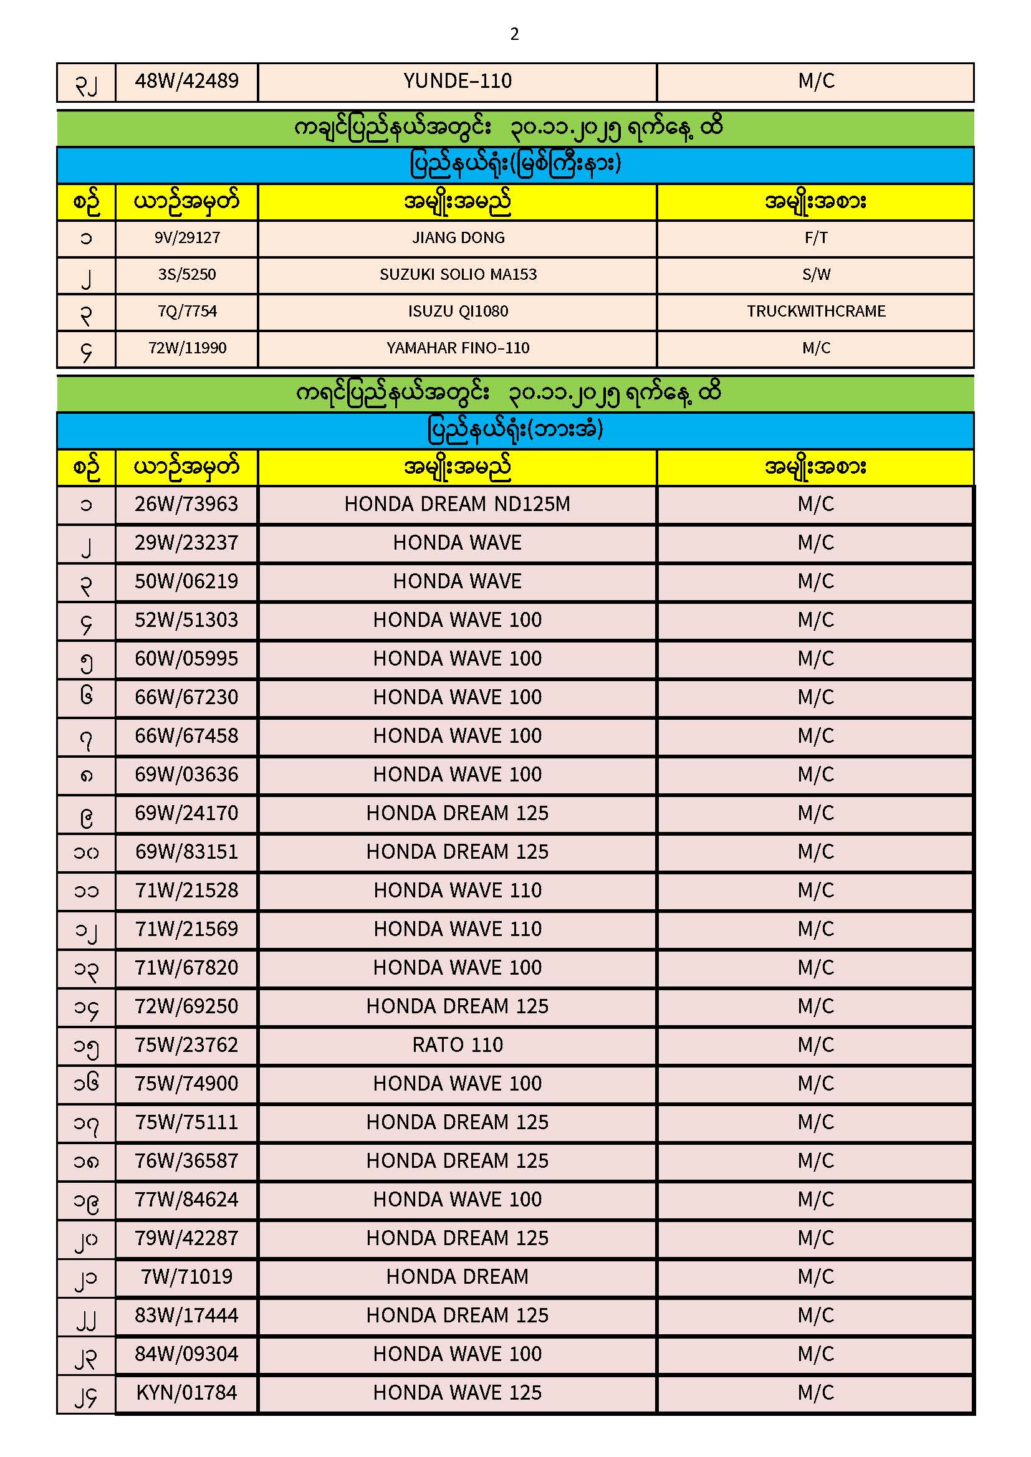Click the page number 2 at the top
coord(514,34)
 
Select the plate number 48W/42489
coord(186,81)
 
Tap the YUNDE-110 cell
coord(457,81)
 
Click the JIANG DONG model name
coord(458,238)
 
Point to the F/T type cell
coord(816,238)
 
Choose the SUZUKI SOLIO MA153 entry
coord(458,275)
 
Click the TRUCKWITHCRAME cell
coord(816,312)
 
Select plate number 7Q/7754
coord(187,312)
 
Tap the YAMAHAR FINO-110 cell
coord(458,348)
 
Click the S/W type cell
coord(816,275)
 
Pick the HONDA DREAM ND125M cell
coord(457,505)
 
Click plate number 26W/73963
coord(186,505)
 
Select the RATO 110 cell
coord(457,1045)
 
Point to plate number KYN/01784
coord(186,1393)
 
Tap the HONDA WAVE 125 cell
coord(457,1393)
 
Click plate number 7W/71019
coord(186,1277)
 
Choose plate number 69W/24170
coord(186,813)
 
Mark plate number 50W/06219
coord(186,581)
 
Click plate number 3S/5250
coord(187,275)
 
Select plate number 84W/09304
coord(186,1354)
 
